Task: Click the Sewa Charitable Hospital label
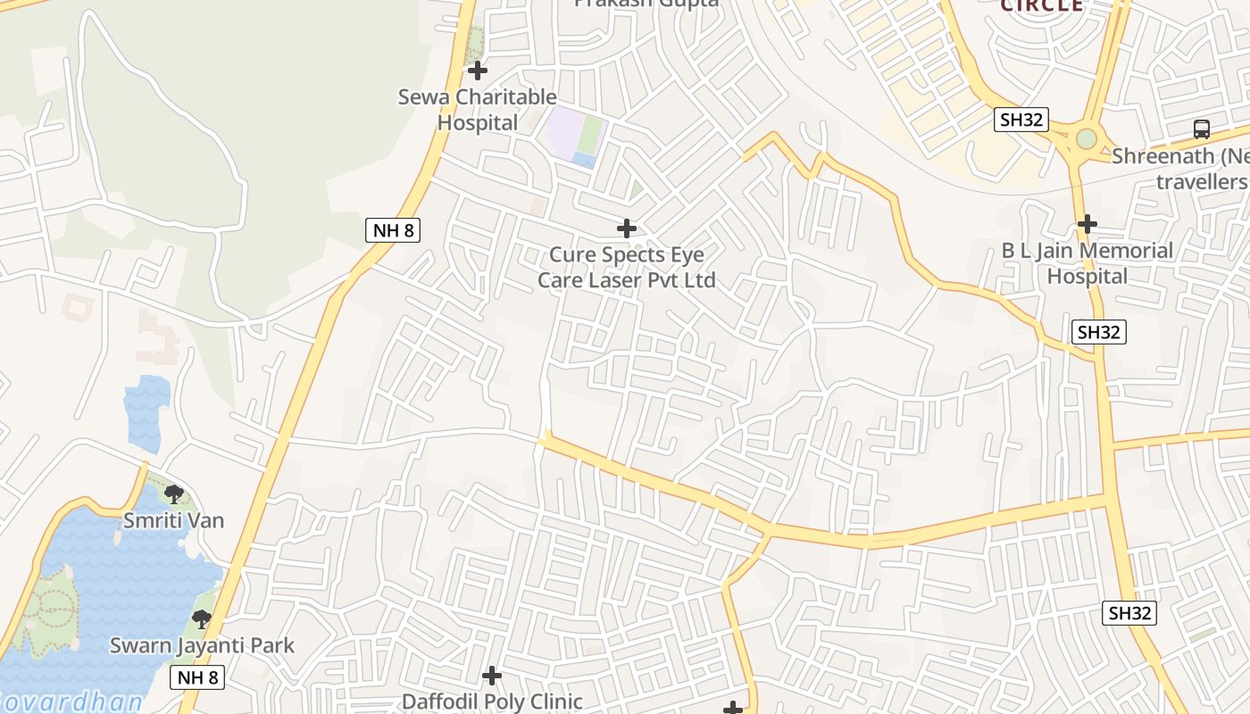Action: coord(477,109)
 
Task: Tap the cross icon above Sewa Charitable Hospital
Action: coord(478,70)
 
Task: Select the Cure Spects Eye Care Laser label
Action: coord(626,267)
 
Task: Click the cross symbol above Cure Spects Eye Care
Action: coord(627,228)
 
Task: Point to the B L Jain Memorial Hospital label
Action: coord(1087,263)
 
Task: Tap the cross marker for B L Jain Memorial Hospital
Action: coord(1087,224)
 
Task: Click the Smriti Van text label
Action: coord(173,520)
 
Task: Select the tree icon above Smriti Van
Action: coord(174,494)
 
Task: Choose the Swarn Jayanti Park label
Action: coord(202,645)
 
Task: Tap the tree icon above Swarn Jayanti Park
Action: coord(202,619)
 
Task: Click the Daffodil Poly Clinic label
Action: coord(492,702)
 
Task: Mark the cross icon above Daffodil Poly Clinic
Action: coord(492,676)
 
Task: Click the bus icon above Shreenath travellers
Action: coord(1202,129)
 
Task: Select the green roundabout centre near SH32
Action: coord(1086,139)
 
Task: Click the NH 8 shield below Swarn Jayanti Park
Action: coord(197,677)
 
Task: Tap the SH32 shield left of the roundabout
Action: coord(1021,120)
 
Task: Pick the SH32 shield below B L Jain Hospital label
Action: coord(1098,332)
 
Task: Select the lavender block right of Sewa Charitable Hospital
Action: coord(562,129)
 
